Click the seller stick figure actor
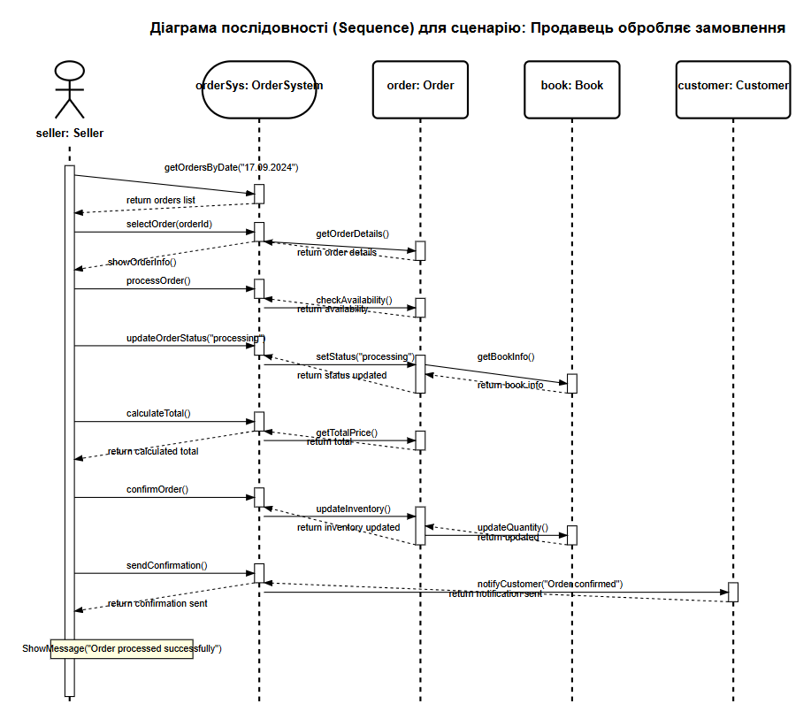[x=69, y=89]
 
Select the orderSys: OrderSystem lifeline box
[x=259, y=86]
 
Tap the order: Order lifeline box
[x=420, y=86]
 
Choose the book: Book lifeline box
[x=572, y=86]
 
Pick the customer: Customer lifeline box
[x=732, y=86]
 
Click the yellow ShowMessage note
[x=121, y=649]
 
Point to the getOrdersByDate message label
[x=231, y=166]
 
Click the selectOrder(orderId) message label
[x=169, y=224]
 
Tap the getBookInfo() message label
[x=506, y=357]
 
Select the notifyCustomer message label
[x=550, y=584]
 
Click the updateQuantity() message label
[x=512, y=527]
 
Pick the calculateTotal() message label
[x=158, y=413]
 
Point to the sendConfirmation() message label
[x=166, y=564]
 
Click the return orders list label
[x=161, y=201]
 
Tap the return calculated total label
[x=152, y=451]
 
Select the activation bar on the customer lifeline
[x=732, y=592]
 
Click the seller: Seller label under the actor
[x=69, y=134]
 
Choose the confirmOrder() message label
[x=157, y=489]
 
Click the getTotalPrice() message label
[x=347, y=432]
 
